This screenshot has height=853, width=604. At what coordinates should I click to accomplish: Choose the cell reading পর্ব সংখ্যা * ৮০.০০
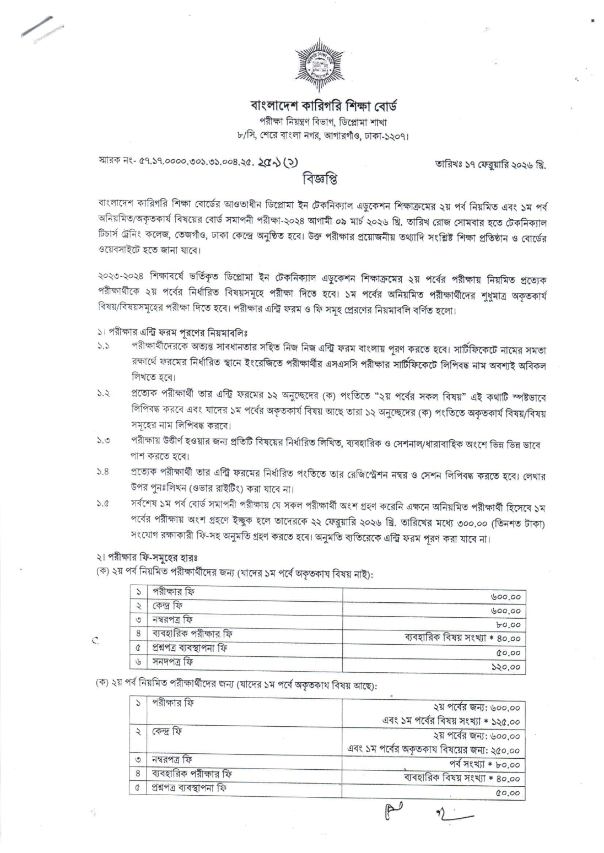(x=485, y=764)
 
